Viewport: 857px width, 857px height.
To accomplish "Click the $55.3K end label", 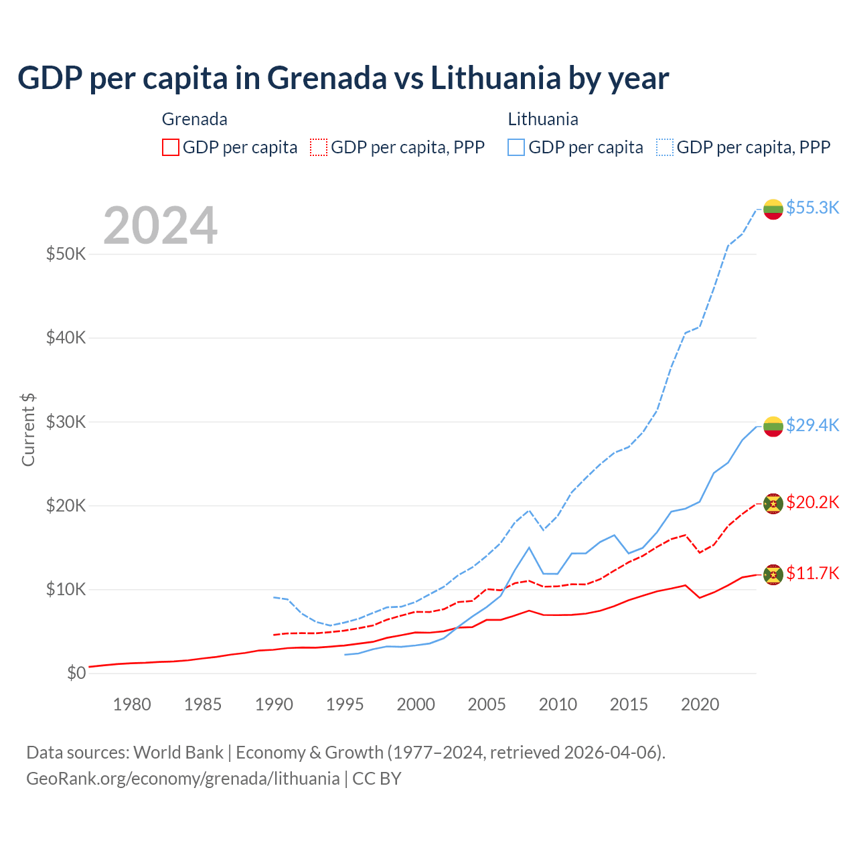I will [812, 208].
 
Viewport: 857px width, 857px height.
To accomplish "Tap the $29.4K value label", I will [812, 425].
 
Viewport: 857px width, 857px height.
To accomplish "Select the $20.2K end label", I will [812, 502].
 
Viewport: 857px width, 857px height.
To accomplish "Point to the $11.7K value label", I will [812, 573].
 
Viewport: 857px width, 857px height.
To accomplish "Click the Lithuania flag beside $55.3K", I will [773, 209].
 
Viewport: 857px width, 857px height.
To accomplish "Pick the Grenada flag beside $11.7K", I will [773, 574].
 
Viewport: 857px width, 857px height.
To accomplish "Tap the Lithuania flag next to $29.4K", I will [773, 426].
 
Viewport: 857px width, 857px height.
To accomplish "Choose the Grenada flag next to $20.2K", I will [773, 503].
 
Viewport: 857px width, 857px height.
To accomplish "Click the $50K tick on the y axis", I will [66, 254].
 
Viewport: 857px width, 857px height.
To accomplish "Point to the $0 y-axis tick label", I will [76, 673].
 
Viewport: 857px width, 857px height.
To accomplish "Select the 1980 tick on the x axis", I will [132, 704].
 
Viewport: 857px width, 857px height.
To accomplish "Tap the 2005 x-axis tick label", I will [487, 704].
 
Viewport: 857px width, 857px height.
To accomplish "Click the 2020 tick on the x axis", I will [700, 704].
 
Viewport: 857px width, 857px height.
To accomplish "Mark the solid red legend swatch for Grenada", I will [171, 147].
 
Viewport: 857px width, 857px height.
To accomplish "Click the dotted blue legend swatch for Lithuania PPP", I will [665, 147].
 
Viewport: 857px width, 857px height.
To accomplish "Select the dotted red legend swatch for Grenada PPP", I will [319, 147].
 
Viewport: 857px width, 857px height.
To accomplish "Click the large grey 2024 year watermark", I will [160, 226].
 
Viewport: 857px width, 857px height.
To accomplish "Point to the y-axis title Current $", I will [28, 430].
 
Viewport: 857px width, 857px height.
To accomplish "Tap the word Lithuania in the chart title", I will [495, 78].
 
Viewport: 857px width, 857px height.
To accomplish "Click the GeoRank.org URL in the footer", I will [183, 779].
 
